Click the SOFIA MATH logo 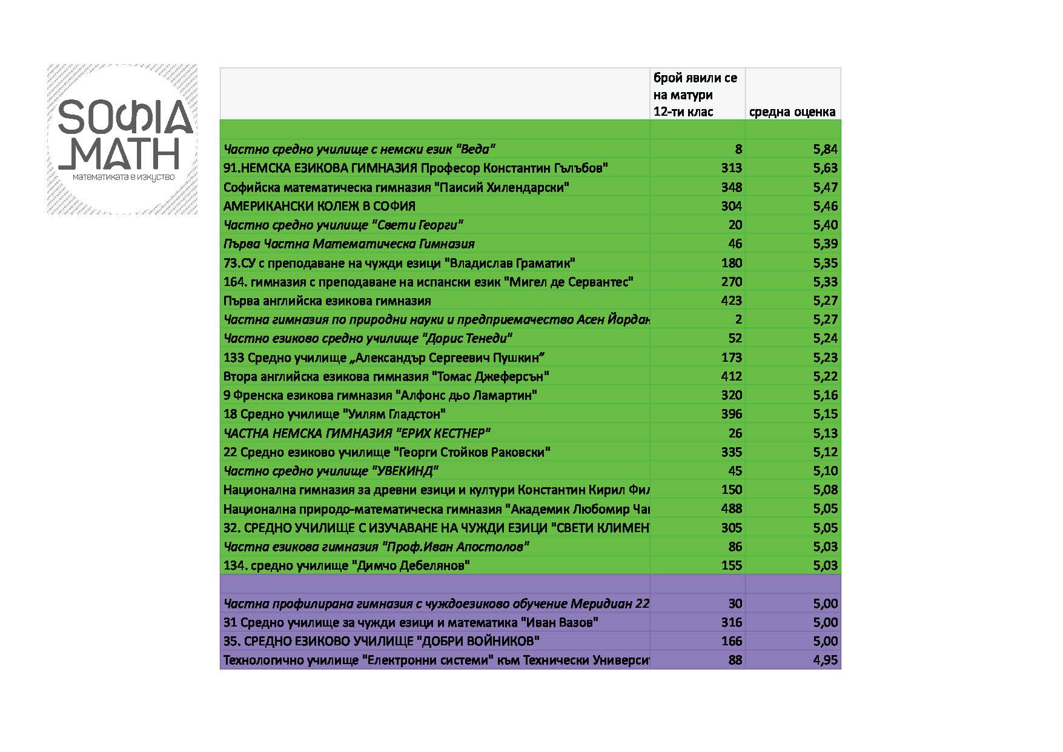tap(122, 139)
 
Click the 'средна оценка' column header tap(792, 112)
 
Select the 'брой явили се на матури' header tap(695, 95)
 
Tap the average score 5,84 tap(825, 149)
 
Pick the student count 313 tap(731, 168)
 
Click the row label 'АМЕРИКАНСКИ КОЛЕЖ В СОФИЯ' tap(319, 206)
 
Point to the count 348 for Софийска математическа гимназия tap(731, 187)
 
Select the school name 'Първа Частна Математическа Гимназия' tap(349, 244)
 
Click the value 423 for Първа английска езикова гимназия tap(731, 301)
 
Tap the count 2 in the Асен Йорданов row tap(738, 319)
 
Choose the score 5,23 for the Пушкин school tap(825, 358)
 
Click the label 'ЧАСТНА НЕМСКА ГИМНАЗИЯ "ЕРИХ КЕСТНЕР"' tap(357, 433)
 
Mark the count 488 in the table tap(731, 508)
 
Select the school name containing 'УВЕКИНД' tap(331, 471)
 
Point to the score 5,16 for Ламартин tap(825, 395)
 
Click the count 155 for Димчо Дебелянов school tap(731, 565)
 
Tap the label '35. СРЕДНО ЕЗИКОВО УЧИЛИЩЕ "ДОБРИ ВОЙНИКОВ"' tap(382, 641)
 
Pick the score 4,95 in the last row tap(825, 660)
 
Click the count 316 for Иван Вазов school tap(731, 622)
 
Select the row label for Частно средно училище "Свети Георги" tap(343, 225)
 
